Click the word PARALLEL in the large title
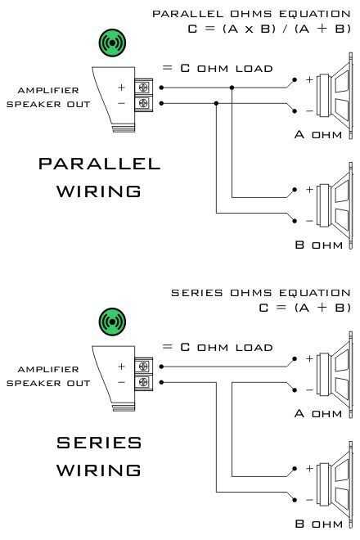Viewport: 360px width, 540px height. coord(99,164)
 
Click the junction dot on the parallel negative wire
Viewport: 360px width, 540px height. coord(216,103)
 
